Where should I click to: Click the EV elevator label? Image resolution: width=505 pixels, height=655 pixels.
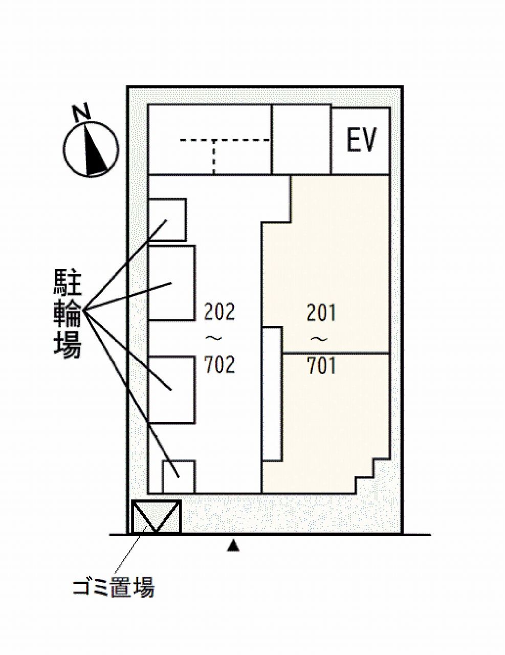click(361, 140)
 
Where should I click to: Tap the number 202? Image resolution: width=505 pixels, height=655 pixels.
click(219, 312)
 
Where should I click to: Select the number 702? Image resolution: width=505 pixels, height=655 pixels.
click(219, 364)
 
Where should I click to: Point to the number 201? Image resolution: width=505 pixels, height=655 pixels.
click(321, 313)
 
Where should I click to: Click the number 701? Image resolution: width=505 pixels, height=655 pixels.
click(321, 366)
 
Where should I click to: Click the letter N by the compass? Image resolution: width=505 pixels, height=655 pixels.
click(81, 113)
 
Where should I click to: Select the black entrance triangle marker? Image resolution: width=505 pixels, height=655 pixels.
click(233, 546)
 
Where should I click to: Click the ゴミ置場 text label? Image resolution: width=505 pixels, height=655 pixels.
click(113, 586)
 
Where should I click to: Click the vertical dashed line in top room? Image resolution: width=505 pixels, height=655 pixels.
click(214, 157)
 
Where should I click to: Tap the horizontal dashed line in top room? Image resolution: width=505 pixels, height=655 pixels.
click(225, 139)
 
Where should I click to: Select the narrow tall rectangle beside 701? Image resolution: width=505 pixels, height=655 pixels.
click(272, 393)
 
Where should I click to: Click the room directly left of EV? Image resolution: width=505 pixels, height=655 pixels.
click(301, 139)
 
